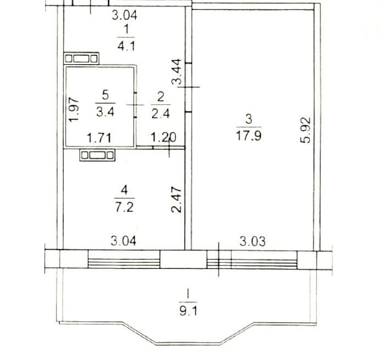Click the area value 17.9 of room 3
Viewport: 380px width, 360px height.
tap(249, 136)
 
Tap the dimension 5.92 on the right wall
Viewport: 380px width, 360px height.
tap(305, 130)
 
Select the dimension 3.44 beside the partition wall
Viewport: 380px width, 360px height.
tap(176, 72)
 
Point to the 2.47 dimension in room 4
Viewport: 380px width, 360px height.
tap(176, 199)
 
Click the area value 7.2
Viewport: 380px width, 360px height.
tap(124, 207)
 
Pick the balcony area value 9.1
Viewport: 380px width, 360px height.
tap(188, 311)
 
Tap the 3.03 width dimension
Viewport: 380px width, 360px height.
tap(253, 241)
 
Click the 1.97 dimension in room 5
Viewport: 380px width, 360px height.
tap(74, 109)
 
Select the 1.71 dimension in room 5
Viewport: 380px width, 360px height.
tap(99, 138)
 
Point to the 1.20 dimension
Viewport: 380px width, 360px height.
tap(163, 138)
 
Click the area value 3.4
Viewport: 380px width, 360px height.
tap(105, 112)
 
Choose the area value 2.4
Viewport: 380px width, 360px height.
tap(161, 114)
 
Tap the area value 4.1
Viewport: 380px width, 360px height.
tap(126, 46)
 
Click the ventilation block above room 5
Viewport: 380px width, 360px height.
tap(81, 58)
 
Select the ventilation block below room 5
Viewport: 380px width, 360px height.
tap(97, 155)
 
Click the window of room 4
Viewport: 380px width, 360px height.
tap(124, 259)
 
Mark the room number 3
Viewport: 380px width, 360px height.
tap(249, 120)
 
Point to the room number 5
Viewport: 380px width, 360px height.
tap(105, 95)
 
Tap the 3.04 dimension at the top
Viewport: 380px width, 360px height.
tap(125, 15)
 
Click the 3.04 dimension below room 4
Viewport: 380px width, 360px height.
tap(124, 241)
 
